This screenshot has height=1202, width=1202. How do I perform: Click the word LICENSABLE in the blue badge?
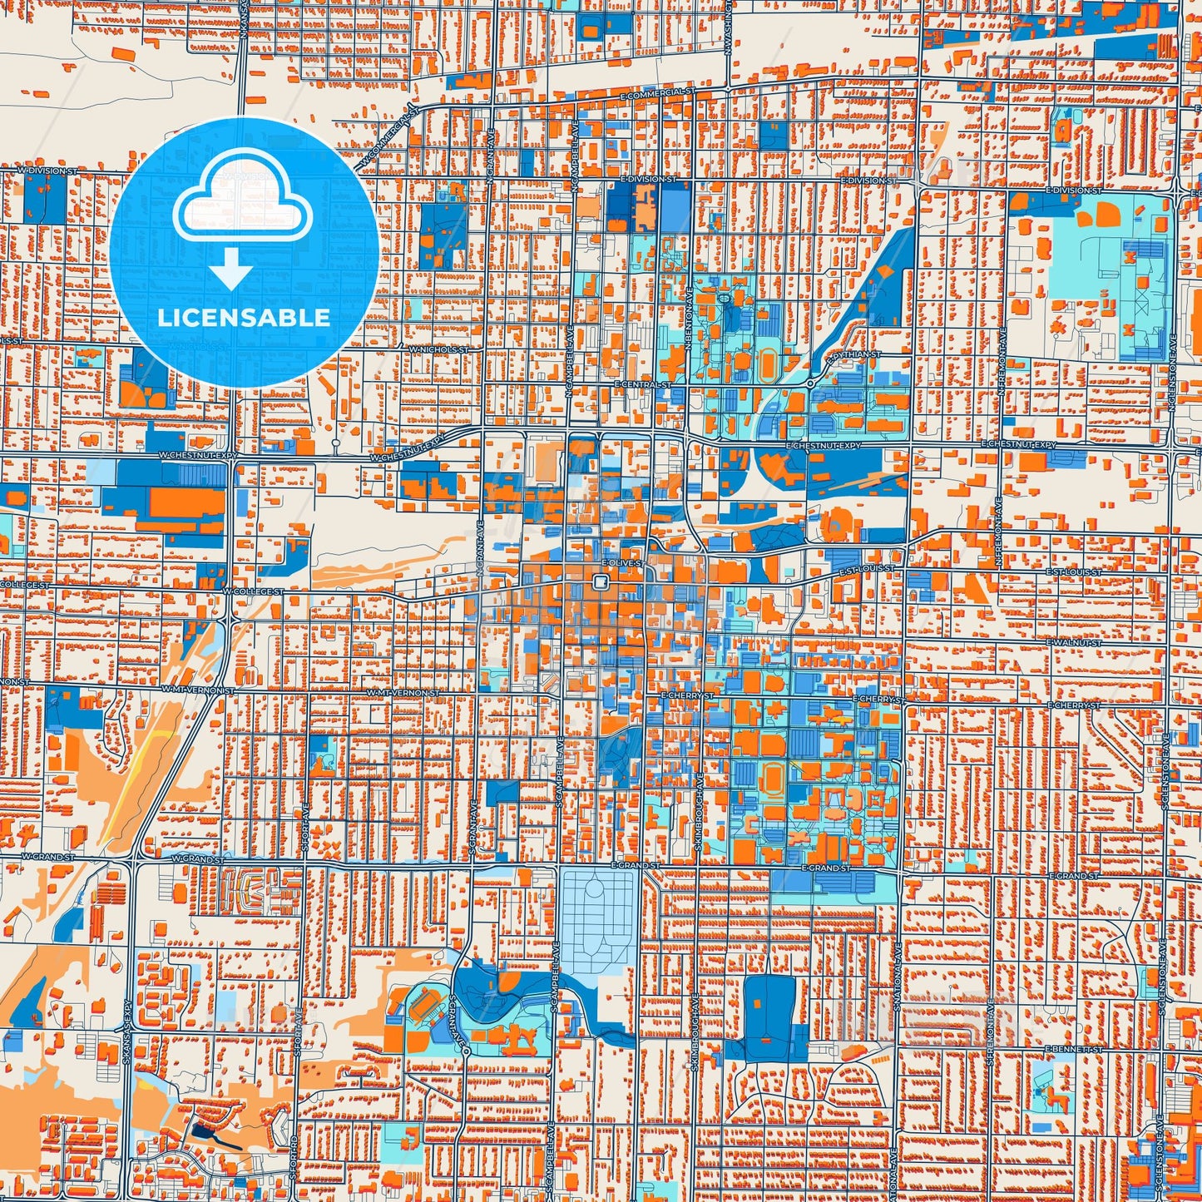tap(244, 318)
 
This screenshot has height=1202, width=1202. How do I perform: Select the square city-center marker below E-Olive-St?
tap(598, 584)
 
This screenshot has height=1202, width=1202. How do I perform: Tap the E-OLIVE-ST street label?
tap(621, 563)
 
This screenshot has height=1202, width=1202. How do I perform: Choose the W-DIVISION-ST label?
tap(47, 171)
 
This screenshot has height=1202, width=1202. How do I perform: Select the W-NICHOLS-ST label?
tap(438, 350)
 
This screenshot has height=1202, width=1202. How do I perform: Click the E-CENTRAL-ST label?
tap(642, 385)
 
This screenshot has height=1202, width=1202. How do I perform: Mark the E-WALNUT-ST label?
tap(1074, 643)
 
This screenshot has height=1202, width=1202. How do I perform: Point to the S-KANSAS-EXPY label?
tap(126, 1031)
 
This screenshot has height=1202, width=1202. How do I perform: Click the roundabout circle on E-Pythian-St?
tap(809, 383)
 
